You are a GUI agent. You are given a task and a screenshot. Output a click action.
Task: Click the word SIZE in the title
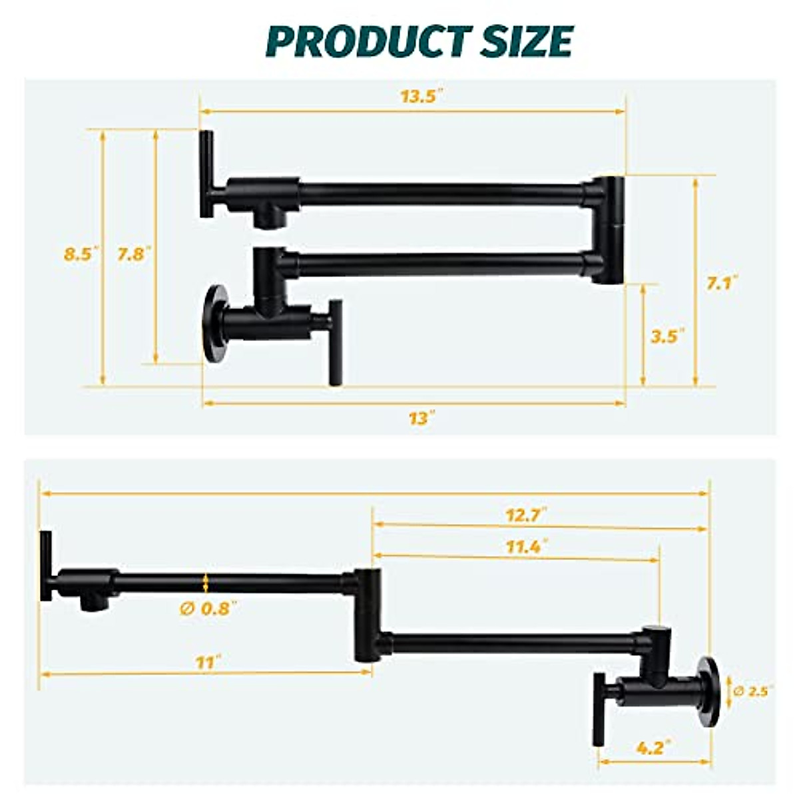pyautogui.click(x=521, y=42)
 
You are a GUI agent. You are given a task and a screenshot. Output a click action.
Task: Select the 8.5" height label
pyautogui.click(x=81, y=254)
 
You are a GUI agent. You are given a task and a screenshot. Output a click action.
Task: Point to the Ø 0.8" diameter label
pyautogui.click(x=208, y=608)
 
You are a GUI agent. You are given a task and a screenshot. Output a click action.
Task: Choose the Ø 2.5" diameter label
pyautogui.click(x=753, y=691)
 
